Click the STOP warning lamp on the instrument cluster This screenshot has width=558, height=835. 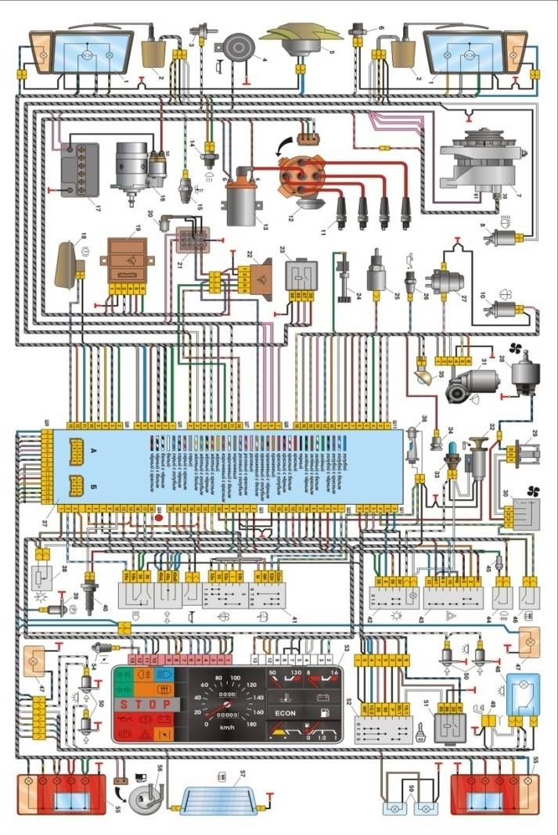(x=142, y=704)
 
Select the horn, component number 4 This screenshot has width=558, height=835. (x=234, y=49)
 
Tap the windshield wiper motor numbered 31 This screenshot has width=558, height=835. (x=470, y=383)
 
